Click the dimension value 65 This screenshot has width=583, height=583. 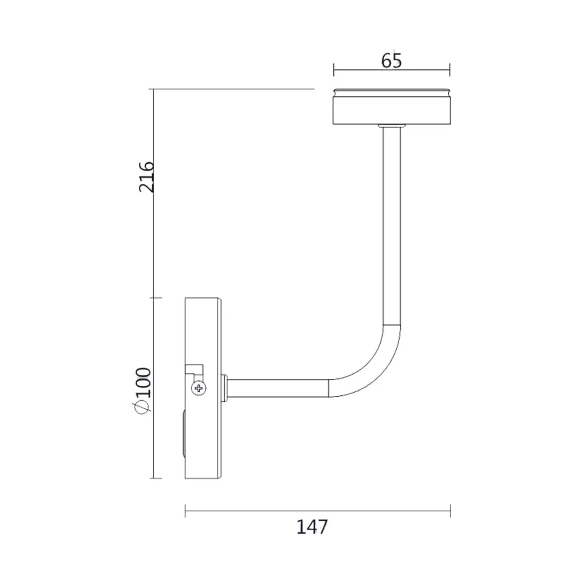pos(392,61)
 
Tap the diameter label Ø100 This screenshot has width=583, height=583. pos(144,391)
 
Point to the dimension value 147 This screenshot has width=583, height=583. pos(312,527)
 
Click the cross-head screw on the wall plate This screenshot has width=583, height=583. pos(199,388)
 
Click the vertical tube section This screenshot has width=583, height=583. pos(392,226)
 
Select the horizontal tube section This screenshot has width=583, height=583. pos(278,388)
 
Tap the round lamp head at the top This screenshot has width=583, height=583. pos(392,107)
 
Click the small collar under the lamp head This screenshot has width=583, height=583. pos(390,127)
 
